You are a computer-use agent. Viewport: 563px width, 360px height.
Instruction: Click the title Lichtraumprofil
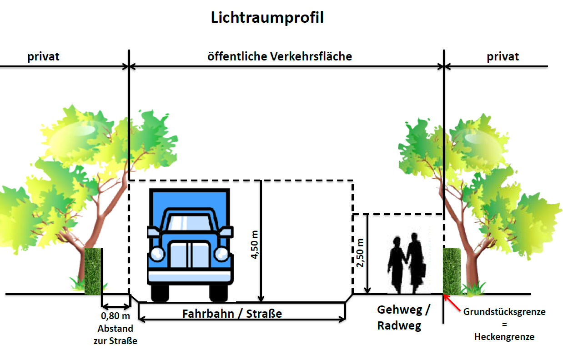[267, 18]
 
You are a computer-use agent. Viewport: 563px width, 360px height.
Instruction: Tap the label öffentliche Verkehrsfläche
[280, 56]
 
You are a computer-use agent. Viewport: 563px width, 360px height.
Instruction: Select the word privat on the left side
[43, 57]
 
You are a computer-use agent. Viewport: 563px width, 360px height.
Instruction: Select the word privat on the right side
[503, 57]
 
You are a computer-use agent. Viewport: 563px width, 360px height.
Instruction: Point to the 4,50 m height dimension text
[255, 245]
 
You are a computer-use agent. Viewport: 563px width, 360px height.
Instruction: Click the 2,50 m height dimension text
[360, 253]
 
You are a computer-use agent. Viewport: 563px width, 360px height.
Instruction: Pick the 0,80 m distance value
[116, 316]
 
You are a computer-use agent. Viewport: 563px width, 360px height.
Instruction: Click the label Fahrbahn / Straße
[232, 314]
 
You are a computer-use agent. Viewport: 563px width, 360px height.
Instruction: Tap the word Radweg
[399, 326]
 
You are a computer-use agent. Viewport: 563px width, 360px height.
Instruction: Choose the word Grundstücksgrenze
[504, 312]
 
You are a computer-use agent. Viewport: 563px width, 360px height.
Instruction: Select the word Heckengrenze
[504, 337]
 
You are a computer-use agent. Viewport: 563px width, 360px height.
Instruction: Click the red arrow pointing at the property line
[452, 303]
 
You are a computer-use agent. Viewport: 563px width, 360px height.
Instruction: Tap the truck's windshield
[189, 223]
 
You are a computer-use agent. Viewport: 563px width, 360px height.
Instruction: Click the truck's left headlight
[157, 254]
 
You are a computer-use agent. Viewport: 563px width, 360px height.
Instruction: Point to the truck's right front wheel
[218, 293]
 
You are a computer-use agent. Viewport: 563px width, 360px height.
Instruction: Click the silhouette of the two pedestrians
[407, 263]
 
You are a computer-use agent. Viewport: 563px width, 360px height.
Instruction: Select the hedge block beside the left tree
[93, 271]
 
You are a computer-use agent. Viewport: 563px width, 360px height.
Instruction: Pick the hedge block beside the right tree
[452, 271]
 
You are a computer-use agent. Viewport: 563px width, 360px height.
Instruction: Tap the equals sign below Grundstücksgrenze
[504, 325]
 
